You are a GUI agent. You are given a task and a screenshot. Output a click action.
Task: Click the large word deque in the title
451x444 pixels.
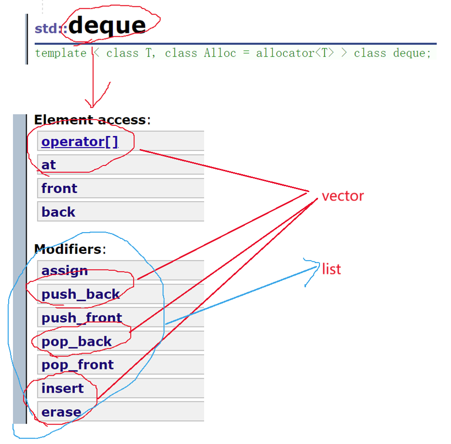107,26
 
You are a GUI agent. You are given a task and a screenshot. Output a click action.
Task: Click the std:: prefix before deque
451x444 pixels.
50,29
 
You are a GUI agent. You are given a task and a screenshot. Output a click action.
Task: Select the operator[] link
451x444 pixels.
80,142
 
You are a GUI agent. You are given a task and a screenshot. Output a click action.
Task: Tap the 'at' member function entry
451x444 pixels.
49,165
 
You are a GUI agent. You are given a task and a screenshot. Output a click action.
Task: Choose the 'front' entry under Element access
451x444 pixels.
59,188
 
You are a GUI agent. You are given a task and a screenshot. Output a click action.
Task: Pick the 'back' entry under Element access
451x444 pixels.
58,212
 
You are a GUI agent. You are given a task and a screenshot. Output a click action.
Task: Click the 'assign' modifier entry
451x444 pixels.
65,270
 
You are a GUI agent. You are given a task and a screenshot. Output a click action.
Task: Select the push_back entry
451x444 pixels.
81,294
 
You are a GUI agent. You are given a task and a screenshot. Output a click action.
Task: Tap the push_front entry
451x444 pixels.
82,318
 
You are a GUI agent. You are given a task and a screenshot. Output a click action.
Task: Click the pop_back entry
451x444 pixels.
77,341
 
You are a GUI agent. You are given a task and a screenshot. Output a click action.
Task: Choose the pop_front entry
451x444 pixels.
78,365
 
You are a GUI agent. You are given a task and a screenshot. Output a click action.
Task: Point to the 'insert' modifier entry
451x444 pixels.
62,388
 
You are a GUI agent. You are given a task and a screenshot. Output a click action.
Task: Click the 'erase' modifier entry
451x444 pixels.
61,412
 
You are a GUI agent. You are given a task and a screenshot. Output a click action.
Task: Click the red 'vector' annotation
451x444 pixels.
343,196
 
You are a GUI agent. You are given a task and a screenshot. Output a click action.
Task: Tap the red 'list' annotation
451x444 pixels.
332,269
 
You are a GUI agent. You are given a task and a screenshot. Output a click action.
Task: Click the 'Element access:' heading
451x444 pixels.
92,119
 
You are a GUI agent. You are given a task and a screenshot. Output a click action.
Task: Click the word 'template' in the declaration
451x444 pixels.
60,53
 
